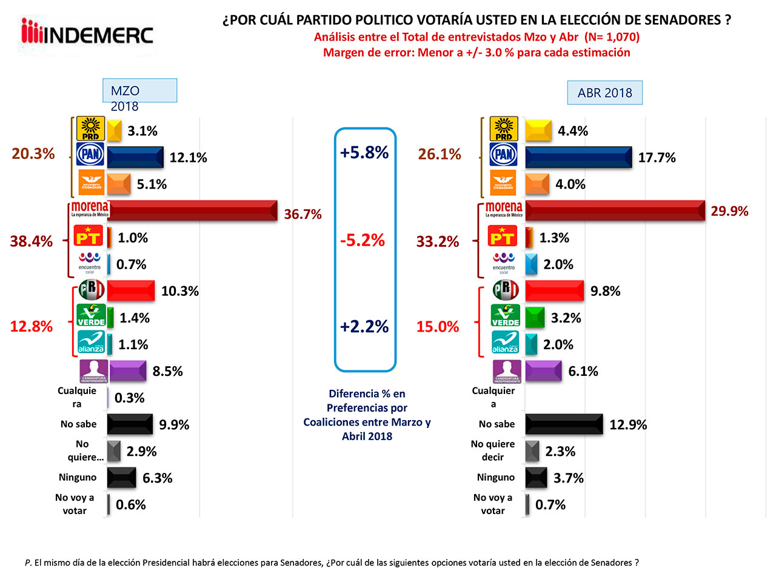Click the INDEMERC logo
point(87,34)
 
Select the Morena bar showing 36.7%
point(193,210)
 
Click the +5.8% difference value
point(364,152)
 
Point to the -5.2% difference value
point(363,240)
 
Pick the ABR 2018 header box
point(604,93)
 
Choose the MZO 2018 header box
point(139,91)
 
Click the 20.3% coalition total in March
point(33,153)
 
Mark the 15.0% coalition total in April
point(438,327)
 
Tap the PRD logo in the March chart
point(90,129)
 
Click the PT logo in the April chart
point(503,236)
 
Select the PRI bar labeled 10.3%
point(131,291)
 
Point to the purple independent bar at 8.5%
point(127,371)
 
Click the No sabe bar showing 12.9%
point(564,424)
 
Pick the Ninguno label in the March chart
point(78,477)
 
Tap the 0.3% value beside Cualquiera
point(130,398)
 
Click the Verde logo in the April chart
point(505,316)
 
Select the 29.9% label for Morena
point(729,211)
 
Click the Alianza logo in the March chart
point(91,343)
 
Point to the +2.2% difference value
point(364,327)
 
